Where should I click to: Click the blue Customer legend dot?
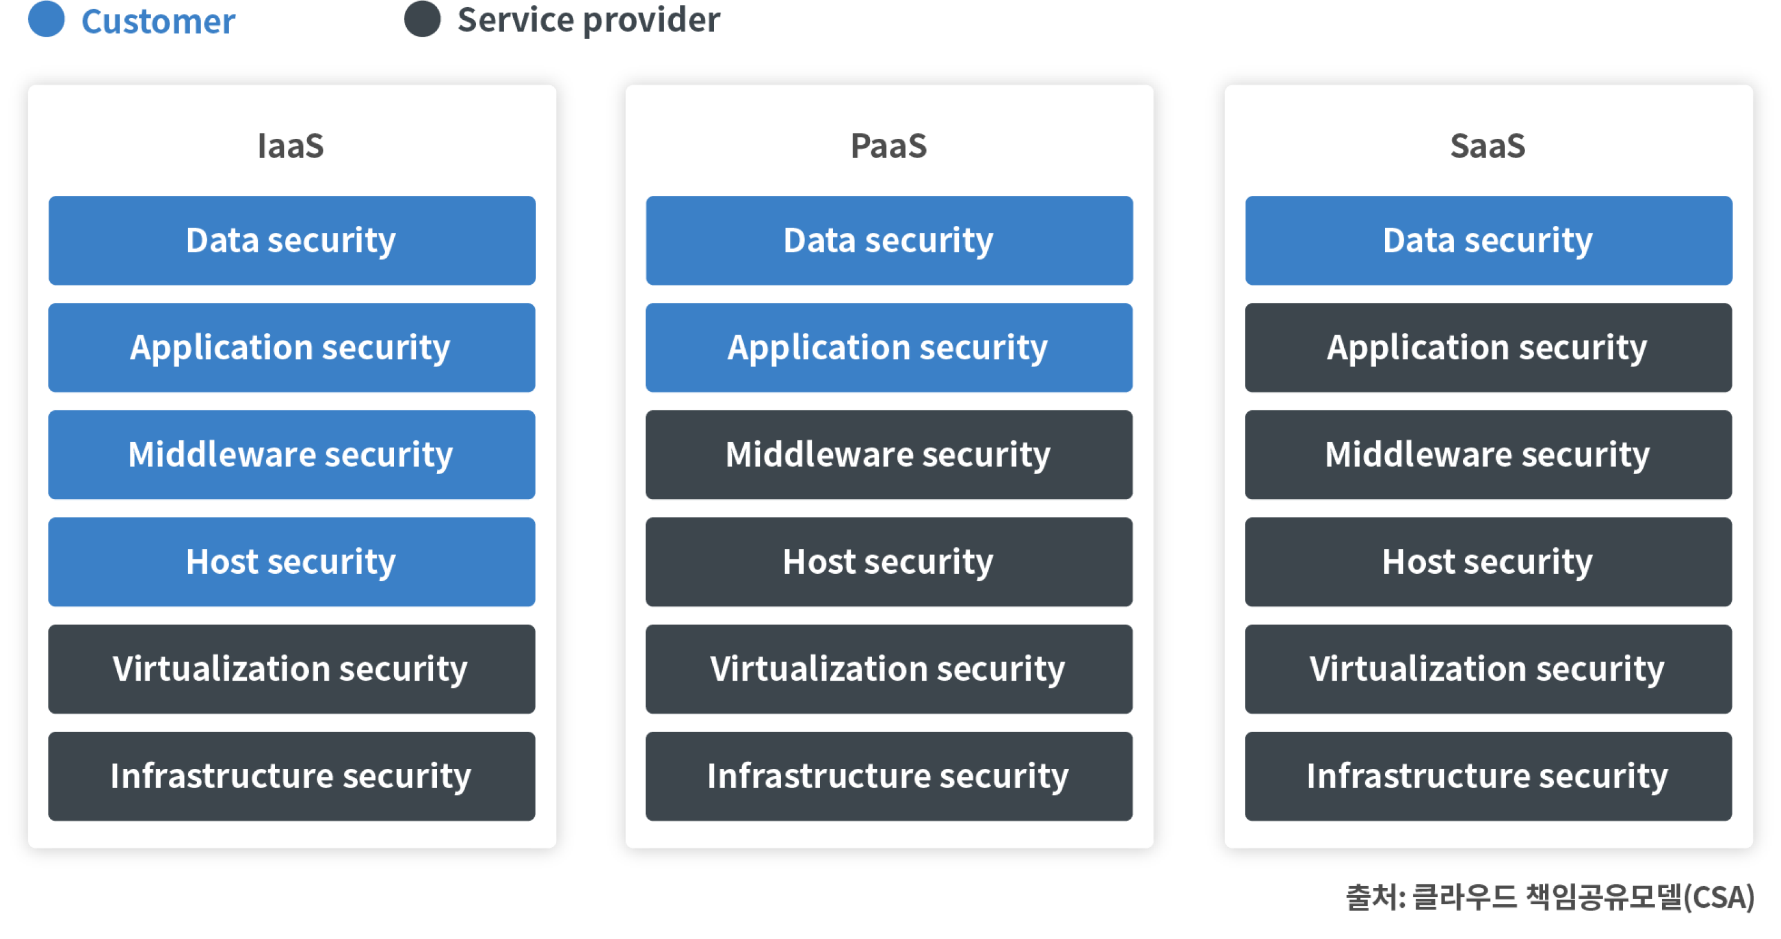46,19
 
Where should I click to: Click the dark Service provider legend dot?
422,19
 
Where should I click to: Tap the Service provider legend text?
588,19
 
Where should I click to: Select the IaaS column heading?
290,146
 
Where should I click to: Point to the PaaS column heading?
889,146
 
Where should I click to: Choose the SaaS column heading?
1488,146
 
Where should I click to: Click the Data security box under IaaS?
292,241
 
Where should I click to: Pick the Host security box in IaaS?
292,562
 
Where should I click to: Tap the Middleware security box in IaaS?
292,455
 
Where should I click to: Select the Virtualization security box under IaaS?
292,669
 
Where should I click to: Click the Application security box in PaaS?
889,348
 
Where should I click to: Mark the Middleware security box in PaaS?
889,455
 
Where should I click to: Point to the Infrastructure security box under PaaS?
889,777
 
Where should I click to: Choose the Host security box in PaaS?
889,562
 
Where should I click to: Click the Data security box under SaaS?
1488,241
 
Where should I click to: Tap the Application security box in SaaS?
1488,348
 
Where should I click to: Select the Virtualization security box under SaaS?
1488,669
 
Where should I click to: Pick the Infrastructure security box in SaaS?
1488,777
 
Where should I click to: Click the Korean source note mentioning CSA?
1550,898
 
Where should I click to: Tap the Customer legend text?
158,22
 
